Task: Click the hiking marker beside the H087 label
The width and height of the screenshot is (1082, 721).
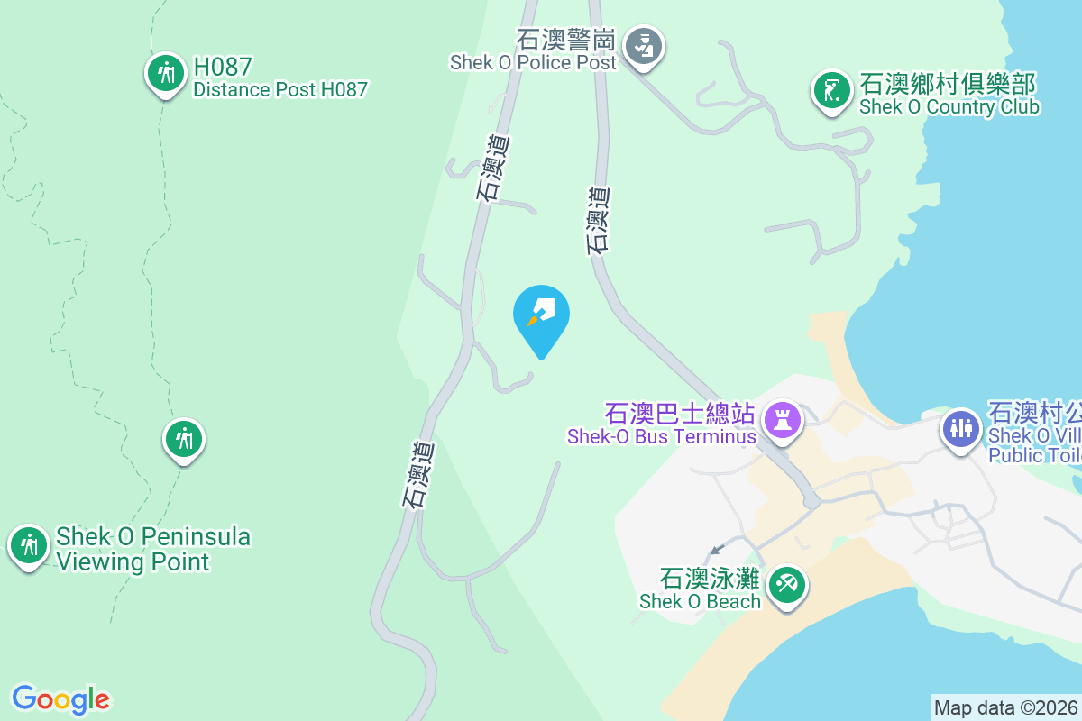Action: point(165,73)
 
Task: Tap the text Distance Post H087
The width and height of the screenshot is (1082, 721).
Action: point(280,90)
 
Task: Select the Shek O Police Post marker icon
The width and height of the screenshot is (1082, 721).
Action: point(644,45)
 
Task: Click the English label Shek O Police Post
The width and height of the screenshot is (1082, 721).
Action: point(534,62)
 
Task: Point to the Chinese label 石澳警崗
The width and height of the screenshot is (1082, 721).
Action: point(566,41)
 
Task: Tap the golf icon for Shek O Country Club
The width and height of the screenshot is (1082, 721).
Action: point(831,90)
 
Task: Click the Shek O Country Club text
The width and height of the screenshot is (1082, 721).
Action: point(949,107)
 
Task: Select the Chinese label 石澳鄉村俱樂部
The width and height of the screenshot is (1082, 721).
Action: point(948,85)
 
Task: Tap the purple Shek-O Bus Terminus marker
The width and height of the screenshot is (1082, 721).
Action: point(782,420)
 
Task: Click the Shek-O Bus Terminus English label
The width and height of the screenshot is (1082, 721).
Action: point(661,437)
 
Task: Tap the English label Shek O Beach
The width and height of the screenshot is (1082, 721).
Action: point(701,601)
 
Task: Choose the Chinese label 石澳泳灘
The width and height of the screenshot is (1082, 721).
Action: point(711,578)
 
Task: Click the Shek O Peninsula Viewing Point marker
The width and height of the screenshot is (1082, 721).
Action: point(30,545)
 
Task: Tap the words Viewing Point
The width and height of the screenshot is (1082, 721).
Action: point(133,561)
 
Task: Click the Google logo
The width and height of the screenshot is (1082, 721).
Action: point(60,699)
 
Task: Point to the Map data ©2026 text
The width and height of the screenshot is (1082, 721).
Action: point(1005,707)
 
